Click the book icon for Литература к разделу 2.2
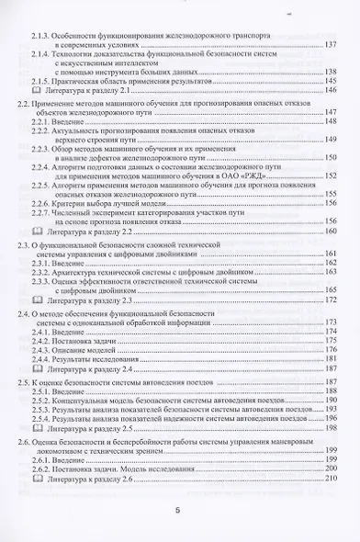tap(36, 231)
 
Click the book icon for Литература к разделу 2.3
tap(36, 299)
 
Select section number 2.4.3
tap(43, 349)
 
